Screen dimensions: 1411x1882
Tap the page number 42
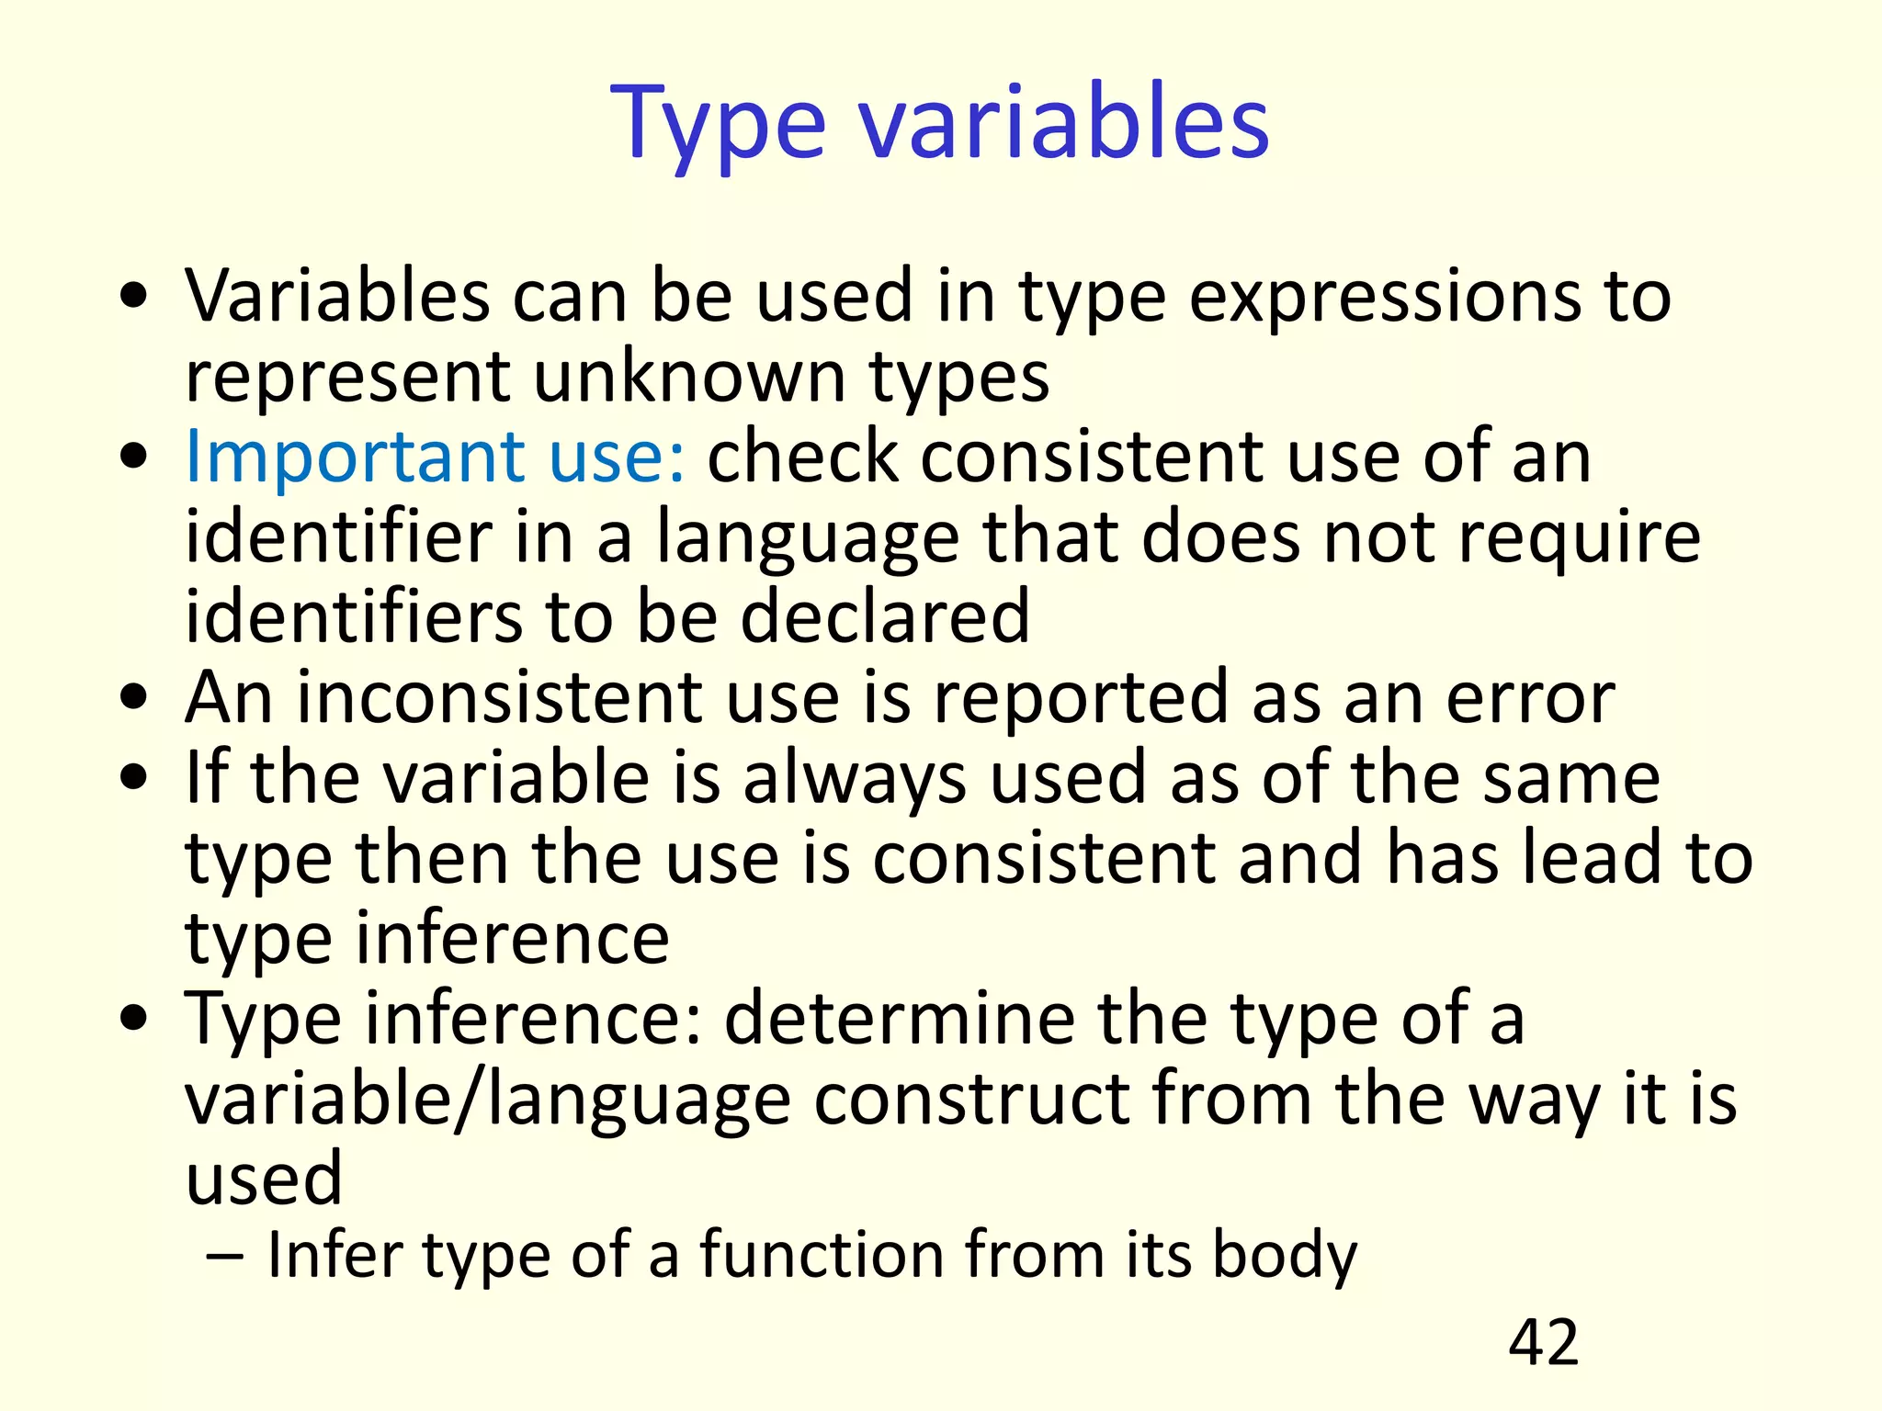pyautogui.click(x=1543, y=1342)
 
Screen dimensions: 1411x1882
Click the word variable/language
pyautogui.click(x=488, y=1101)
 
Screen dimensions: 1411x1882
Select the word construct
pyautogui.click(x=971, y=1099)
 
